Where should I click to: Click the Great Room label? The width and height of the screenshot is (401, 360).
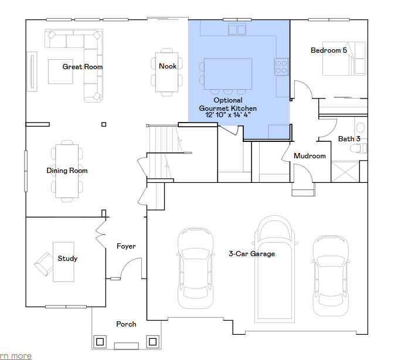pyautogui.click(x=82, y=67)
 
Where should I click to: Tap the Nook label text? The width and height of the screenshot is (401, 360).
pyautogui.click(x=168, y=66)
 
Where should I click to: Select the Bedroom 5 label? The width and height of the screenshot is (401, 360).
pyautogui.click(x=329, y=50)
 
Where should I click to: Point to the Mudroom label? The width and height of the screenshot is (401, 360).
pyautogui.click(x=310, y=156)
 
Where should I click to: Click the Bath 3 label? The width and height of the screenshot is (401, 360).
pyautogui.click(x=349, y=139)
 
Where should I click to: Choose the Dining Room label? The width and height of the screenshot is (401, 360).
pyautogui.click(x=67, y=171)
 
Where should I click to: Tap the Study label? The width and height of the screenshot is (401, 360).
pyautogui.click(x=67, y=259)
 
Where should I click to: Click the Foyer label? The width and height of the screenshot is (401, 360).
pyautogui.click(x=126, y=246)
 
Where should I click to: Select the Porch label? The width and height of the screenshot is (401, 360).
pyautogui.click(x=126, y=324)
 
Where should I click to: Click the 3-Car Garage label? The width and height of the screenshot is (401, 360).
pyautogui.click(x=252, y=254)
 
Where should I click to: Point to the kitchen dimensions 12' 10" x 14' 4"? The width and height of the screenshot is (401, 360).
pyautogui.click(x=228, y=115)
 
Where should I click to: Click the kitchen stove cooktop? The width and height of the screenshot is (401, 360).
pyautogui.click(x=281, y=67)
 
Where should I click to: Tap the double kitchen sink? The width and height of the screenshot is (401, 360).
pyautogui.click(x=237, y=29)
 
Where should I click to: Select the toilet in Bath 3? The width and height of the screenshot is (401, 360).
pyautogui.click(x=358, y=148)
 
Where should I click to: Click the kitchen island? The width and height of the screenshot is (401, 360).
pyautogui.click(x=228, y=74)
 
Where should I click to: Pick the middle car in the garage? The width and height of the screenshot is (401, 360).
pyautogui.click(x=274, y=269)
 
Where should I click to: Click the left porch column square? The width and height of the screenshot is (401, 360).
pyautogui.click(x=100, y=342)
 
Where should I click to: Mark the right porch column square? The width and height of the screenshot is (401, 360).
pyautogui.click(x=152, y=342)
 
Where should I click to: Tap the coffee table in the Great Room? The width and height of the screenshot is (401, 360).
pyautogui.click(x=60, y=72)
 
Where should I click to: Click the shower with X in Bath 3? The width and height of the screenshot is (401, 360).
pyautogui.click(x=345, y=171)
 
